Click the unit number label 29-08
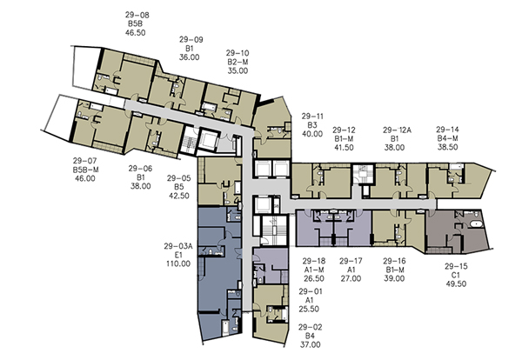tap(137, 15)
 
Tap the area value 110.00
tap(178, 263)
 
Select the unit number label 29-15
tap(456, 266)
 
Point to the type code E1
tap(178, 255)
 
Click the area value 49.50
tap(456, 283)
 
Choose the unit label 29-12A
tap(397, 130)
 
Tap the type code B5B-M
tap(85, 170)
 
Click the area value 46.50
tap(135, 32)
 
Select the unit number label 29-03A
tap(178, 246)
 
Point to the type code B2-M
tap(238, 62)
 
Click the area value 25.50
tap(309, 309)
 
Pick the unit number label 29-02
tap(311, 327)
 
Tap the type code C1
tap(456, 275)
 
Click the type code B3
tap(312, 125)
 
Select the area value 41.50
tap(344, 148)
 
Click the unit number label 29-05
tap(179, 178)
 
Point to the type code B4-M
tap(447, 138)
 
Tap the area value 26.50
tap(313, 278)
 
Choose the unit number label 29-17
tap(351, 261)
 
